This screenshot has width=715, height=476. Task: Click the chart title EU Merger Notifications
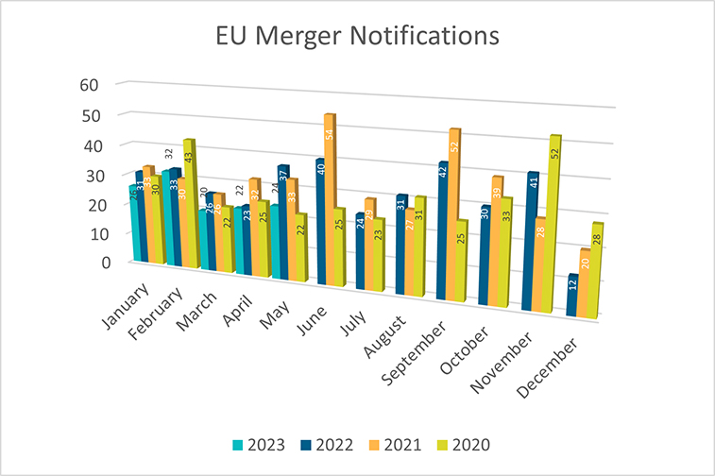click(x=356, y=37)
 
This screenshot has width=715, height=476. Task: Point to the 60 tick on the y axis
click(x=89, y=84)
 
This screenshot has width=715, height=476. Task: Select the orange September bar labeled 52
click(x=454, y=213)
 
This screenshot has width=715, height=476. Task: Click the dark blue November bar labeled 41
click(x=532, y=241)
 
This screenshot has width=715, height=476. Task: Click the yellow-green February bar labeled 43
click(x=188, y=203)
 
